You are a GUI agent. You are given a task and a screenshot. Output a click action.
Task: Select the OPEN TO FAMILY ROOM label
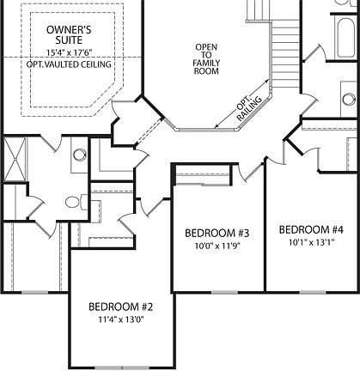coord(206,59)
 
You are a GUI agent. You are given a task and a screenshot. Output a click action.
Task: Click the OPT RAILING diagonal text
coord(250,107)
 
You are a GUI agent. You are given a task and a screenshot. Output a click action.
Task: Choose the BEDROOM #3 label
coord(217,234)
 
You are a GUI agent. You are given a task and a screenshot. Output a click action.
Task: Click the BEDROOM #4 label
coord(311,229)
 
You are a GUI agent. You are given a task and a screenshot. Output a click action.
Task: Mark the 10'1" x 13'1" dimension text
coord(311,244)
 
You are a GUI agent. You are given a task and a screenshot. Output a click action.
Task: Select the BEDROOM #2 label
coord(121,307)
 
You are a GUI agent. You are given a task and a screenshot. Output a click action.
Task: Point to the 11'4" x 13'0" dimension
coord(121,323)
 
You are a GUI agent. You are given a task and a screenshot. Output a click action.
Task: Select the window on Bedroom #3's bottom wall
coord(217,291)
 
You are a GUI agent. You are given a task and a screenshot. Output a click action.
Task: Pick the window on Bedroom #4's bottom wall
coord(311,291)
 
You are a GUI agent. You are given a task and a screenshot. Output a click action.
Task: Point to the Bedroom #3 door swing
coord(253,173)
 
